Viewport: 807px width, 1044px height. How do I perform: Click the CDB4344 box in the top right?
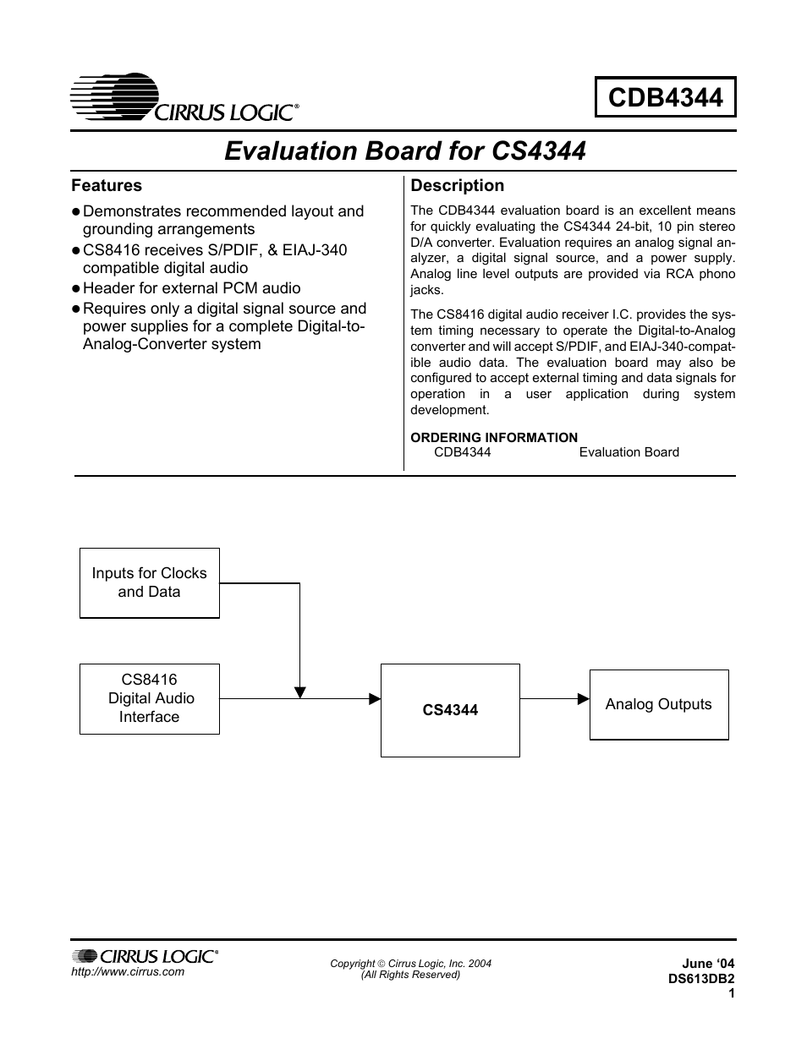pyautogui.click(x=665, y=97)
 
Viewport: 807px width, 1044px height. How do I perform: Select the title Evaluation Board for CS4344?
pyautogui.click(x=404, y=150)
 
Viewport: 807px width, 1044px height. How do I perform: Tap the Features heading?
pyautogui.click(x=107, y=185)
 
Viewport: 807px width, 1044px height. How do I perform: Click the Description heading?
pyautogui.click(x=457, y=185)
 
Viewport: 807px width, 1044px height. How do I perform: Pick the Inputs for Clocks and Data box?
pyautogui.click(x=149, y=582)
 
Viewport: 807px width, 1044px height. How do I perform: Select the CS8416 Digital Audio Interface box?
pyautogui.click(x=149, y=698)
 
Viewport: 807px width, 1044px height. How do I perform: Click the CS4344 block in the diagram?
pyautogui.click(x=450, y=710)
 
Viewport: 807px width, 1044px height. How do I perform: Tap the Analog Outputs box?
pyautogui.click(x=658, y=704)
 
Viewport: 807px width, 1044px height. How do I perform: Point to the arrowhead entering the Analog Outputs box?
pyautogui.click(x=583, y=699)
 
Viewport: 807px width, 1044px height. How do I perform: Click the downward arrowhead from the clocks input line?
pyautogui.click(x=299, y=691)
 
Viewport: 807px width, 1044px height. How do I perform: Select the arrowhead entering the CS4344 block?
pyautogui.click(x=374, y=699)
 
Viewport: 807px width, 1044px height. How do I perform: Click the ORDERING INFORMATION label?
pyautogui.click(x=494, y=437)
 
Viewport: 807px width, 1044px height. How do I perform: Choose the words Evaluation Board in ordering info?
pyautogui.click(x=629, y=452)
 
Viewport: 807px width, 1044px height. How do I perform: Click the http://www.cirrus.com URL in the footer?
pyautogui.click(x=128, y=971)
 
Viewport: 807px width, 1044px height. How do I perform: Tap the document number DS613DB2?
pyautogui.click(x=700, y=978)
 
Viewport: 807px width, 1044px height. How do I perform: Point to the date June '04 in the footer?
pyautogui.click(x=708, y=964)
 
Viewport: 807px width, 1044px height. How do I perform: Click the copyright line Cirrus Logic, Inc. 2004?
pyautogui.click(x=410, y=964)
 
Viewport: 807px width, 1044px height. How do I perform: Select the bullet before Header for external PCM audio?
pyautogui.click(x=75, y=289)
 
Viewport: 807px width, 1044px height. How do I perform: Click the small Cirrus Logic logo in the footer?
pyautogui.click(x=145, y=956)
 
